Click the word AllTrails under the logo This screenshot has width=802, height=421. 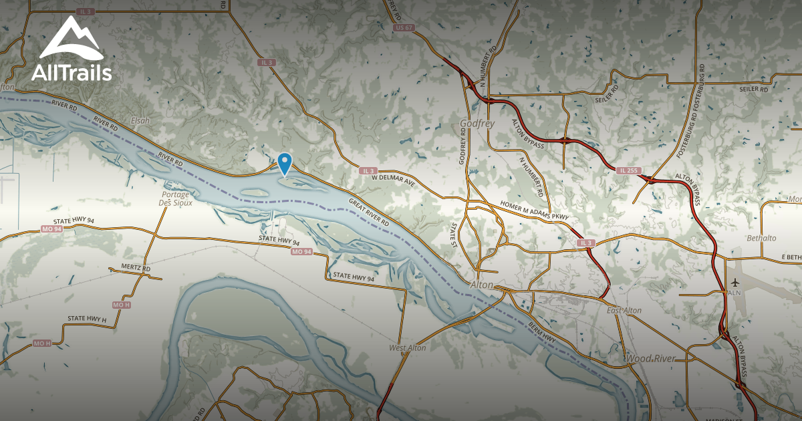(71, 73)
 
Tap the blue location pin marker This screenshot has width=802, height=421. (285, 163)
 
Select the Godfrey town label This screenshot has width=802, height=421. (477, 124)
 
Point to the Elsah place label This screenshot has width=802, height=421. (141, 120)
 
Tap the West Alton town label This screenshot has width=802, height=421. (408, 348)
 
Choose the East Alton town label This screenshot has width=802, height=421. (624, 311)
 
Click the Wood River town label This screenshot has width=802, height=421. (650, 359)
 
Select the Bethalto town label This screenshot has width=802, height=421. (763, 239)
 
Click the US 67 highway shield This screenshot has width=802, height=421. (404, 27)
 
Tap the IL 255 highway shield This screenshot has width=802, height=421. (626, 172)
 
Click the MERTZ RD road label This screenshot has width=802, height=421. (137, 269)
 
